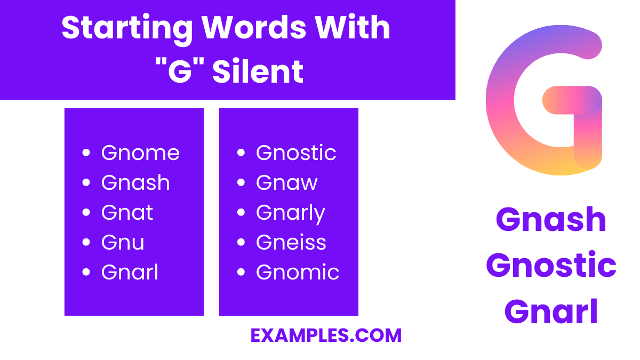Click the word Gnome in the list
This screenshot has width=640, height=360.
[x=140, y=153]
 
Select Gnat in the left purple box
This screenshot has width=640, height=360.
[x=127, y=213]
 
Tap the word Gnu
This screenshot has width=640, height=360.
[x=123, y=243]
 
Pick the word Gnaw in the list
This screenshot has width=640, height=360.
[x=287, y=183]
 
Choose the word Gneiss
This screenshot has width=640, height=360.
[x=291, y=243]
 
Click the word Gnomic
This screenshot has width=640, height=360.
[x=298, y=273]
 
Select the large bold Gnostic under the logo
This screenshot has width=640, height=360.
[x=551, y=265]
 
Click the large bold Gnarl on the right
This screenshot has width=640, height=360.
[x=551, y=311]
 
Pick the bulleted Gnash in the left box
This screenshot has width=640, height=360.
[x=135, y=183]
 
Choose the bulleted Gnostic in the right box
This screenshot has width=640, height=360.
[x=296, y=153]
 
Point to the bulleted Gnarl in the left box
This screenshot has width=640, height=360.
[x=130, y=273]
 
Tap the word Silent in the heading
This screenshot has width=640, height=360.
[x=258, y=71]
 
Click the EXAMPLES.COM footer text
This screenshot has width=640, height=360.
[x=326, y=335]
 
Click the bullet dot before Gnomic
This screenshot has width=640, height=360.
[x=241, y=273]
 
